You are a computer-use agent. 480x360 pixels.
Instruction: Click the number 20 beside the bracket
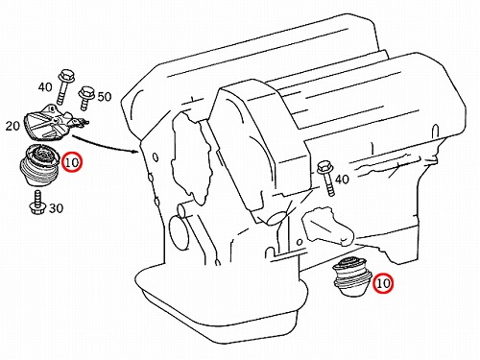(x=12, y=126)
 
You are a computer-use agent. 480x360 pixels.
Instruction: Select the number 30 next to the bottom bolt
(x=56, y=208)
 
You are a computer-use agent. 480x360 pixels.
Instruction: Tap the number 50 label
(x=105, y=96)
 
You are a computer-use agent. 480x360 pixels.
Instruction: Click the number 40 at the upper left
(x=45, y=86)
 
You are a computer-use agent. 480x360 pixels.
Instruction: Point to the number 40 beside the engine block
(x=342, y=180)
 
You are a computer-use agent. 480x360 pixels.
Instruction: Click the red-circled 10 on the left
(x=72, y=162)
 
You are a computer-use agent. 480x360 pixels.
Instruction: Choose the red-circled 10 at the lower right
(x=383, y=283)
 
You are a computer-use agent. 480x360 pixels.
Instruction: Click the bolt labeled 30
(x=36, y=203)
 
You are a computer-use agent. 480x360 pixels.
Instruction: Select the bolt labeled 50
(x=86, y=98)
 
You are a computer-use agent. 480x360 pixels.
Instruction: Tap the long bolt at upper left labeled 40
(x=64, y=86)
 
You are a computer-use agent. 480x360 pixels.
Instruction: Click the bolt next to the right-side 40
(x=326, y=179)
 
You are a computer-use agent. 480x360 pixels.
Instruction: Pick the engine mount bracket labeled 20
(x=56, y=122)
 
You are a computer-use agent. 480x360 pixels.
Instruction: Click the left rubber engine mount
(x=39, y=165)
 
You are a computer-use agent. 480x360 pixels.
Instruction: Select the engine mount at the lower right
(x=351, y=276)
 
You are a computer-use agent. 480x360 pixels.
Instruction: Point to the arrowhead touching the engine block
(x=136, y=150)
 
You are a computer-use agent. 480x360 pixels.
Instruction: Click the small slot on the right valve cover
(x=435, y=131)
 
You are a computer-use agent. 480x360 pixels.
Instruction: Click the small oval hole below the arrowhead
(x=156, y=157)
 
